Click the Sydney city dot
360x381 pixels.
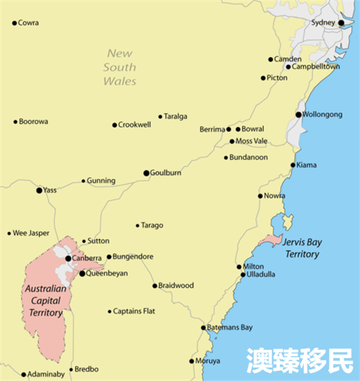[x=341, y=22]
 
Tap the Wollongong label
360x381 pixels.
[x=323, y=114]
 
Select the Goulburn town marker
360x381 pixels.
[x=146, y=173]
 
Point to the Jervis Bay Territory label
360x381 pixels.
[x=302, y=248]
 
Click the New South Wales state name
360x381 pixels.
[x=120, y=67]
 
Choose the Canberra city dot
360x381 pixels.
[x=68, y=258]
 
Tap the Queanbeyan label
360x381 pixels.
[x=107, y=273]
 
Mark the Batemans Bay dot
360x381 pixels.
[x=203, y=328]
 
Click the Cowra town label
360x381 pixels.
[x=28, y=23]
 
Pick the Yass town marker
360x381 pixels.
[x=39, y=190]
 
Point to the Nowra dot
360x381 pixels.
[x=260, y=196]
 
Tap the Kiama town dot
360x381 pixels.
[x=293, y=164]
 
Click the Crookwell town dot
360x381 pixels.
[x=114, y=125]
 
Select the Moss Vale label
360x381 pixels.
[x=253, y=141]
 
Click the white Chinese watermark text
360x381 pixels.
[x=299, y=360]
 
